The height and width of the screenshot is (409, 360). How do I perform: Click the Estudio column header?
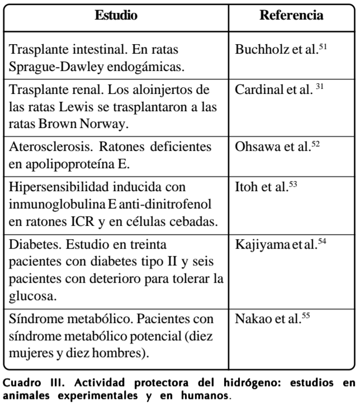[x=116, y=16]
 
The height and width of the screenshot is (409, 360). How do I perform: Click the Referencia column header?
[x=291, y=16]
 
